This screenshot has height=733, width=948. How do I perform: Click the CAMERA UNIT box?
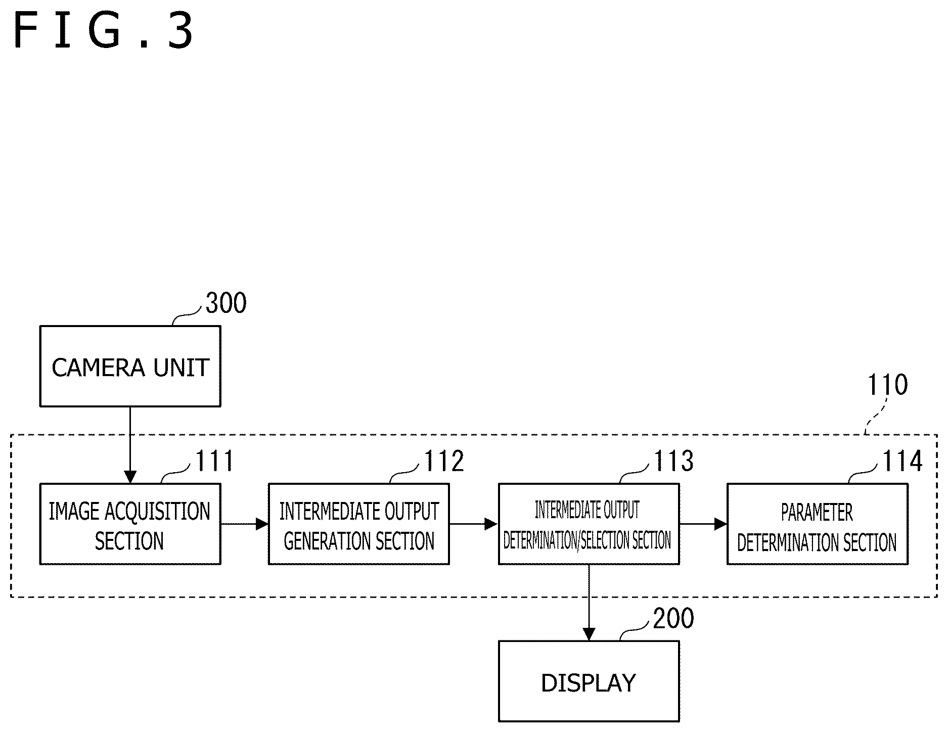point(130,366)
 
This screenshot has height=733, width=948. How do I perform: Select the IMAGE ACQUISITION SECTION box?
point(130,524)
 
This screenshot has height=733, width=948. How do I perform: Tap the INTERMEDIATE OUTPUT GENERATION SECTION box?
point(359,524)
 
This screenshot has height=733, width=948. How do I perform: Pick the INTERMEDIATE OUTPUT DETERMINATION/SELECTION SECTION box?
point(589,524)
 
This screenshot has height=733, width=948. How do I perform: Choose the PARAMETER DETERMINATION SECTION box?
point(818,524)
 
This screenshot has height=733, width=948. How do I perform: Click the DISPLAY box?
point(589,681)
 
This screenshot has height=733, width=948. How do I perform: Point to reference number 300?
point(226,303)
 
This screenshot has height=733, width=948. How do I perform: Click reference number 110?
point(888,385)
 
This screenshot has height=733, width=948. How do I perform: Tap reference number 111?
point(214,461)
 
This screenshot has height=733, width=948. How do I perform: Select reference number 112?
point(444,461)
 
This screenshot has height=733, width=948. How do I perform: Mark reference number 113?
point(674,461)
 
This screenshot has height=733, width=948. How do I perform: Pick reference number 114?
point(902,461)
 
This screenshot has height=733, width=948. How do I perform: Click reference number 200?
point(673,619)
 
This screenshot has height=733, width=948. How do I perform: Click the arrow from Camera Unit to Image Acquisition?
point(130,445)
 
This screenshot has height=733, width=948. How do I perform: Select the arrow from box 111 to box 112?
point(245,524)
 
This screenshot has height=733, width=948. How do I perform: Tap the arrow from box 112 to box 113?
point(474,524)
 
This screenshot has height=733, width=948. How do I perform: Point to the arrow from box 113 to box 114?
point(703,524)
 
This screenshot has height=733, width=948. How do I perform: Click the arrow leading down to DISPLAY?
point(589,603)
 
